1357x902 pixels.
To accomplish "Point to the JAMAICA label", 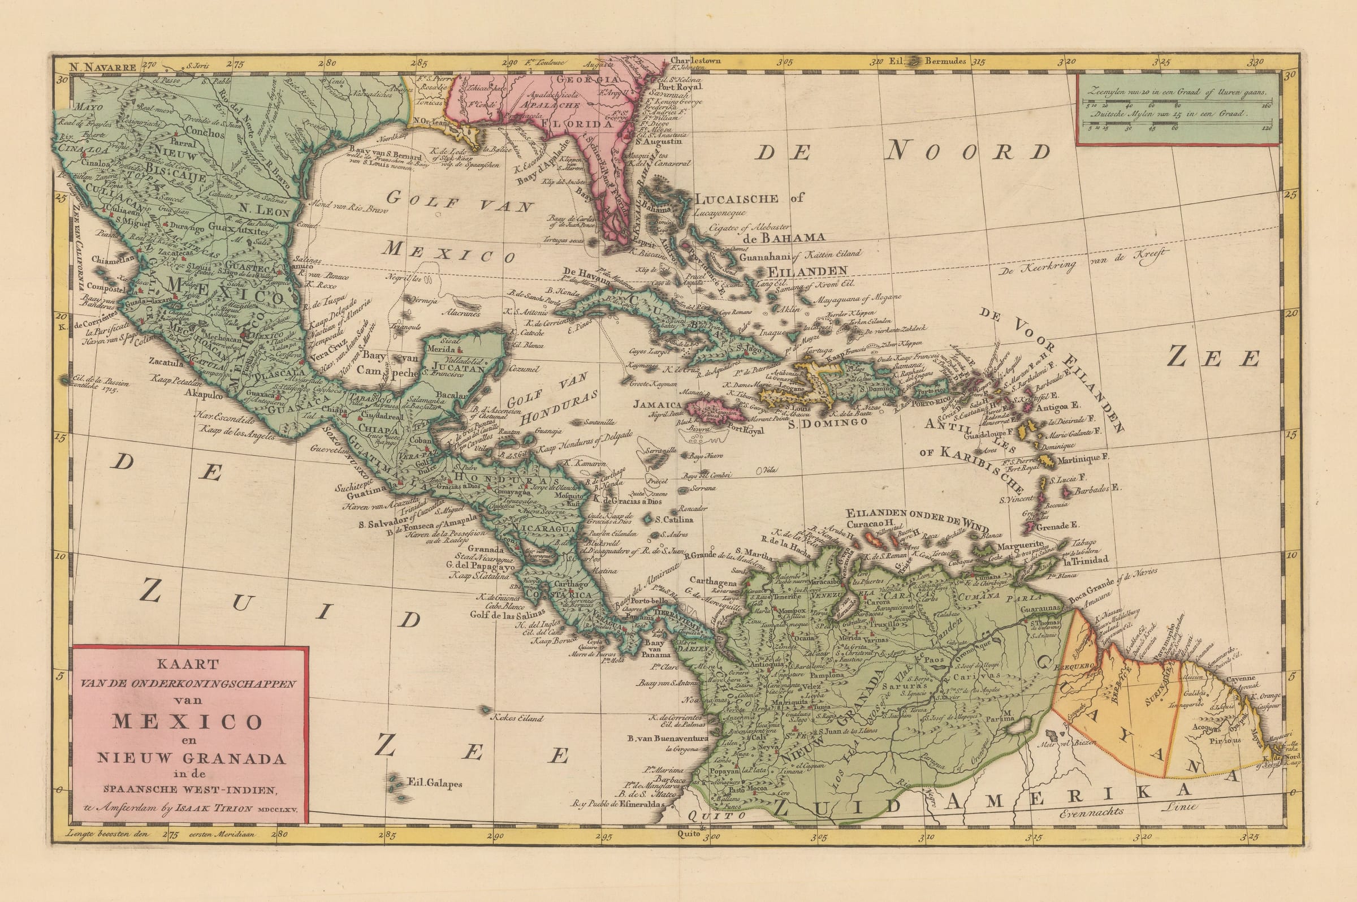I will [x=657, y=404].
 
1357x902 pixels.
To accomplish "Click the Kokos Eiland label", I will [x=516, y=718].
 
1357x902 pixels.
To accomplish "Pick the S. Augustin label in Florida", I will [x=657, y=141].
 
